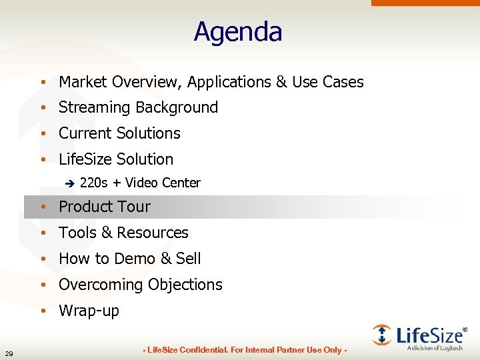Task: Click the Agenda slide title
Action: pyautogui.click(x=238, y=32)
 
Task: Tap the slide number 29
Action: pyautogui.click(x=8, y=353)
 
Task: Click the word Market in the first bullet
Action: pyautogui.click(x=83, y=82)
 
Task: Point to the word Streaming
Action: pyautogui.click(x=94, y=107)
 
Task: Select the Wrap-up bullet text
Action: pyautogui.click(x=89, y=311)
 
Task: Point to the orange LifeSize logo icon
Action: pyautogui.click(x=382, y=335)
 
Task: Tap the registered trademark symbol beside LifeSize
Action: pyautogui.click(x=465, y=329)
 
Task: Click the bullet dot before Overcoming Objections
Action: pyautogui.click(x=42, y=285)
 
